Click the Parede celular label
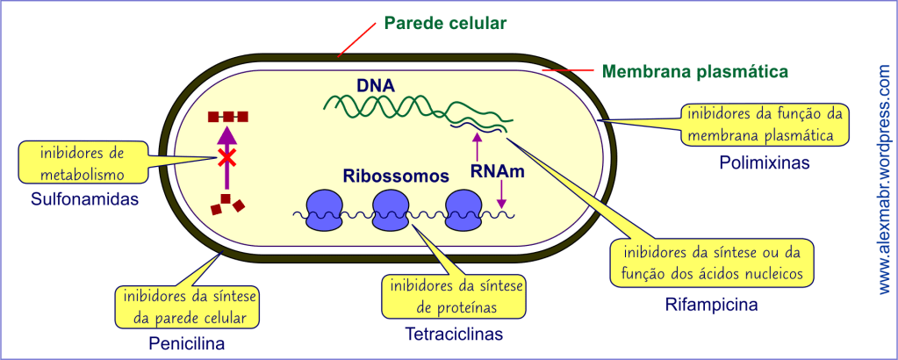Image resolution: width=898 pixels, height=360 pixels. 446,23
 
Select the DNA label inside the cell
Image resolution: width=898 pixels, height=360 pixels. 375,86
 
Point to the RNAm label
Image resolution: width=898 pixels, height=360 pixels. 498,173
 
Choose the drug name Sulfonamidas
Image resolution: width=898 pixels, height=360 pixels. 85,199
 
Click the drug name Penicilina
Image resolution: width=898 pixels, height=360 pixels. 187,343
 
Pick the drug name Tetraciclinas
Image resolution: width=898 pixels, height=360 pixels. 454,334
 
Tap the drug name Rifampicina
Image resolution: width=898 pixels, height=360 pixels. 710,305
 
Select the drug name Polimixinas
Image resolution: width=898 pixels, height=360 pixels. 764,162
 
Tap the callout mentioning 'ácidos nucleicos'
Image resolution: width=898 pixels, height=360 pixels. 710,263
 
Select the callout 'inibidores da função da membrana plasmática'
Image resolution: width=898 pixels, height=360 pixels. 765,125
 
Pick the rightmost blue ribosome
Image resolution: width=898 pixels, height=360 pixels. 463,213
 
